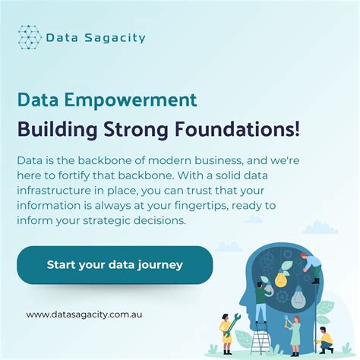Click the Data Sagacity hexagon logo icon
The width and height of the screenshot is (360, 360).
30,36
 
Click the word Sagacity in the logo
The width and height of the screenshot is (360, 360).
118,37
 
